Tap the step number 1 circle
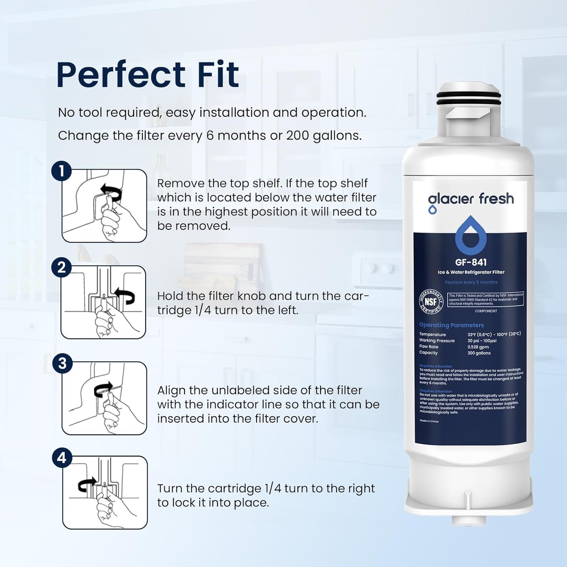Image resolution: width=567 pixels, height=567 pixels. pyautogui.click(x=61, y=171)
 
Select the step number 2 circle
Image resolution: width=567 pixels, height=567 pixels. pyautogui.click(x=61, y=268)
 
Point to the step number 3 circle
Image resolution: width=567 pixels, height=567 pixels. pyautogui.click(x=62, y=364)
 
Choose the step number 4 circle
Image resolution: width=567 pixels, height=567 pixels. pyautogui.click(x=62, y=458)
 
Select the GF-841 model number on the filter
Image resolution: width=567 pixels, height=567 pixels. pyautogui.click(x=470, y=262)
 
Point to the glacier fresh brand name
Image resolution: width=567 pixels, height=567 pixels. pyautogui.click(x=470, y=199)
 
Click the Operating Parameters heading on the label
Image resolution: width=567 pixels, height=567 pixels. pyautogui.click(x=451, y=325)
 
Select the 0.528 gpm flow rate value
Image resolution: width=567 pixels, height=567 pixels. pyautogui.click(x=478, y=347)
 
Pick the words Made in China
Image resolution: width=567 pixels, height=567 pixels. pyautogui.click(x=429, y=421)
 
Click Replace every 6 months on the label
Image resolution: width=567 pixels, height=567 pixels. pyautogui.click(x=471, y=282)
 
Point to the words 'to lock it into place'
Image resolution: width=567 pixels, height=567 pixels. pyautogui.click(x=213, y=503)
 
